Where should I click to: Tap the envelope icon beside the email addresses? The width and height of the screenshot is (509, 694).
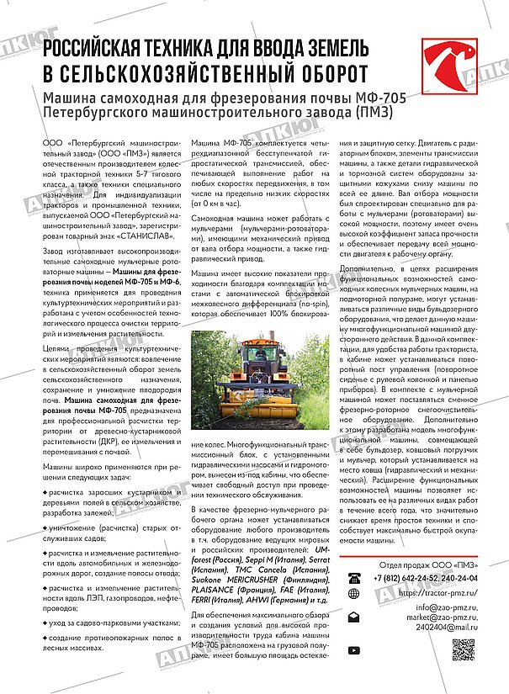click(354, 617)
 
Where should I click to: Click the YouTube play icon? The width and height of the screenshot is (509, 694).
click(354, 649)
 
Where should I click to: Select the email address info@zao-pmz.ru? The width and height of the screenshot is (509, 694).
click(443, 606)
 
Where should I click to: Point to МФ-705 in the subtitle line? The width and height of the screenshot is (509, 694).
click(383, 100)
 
